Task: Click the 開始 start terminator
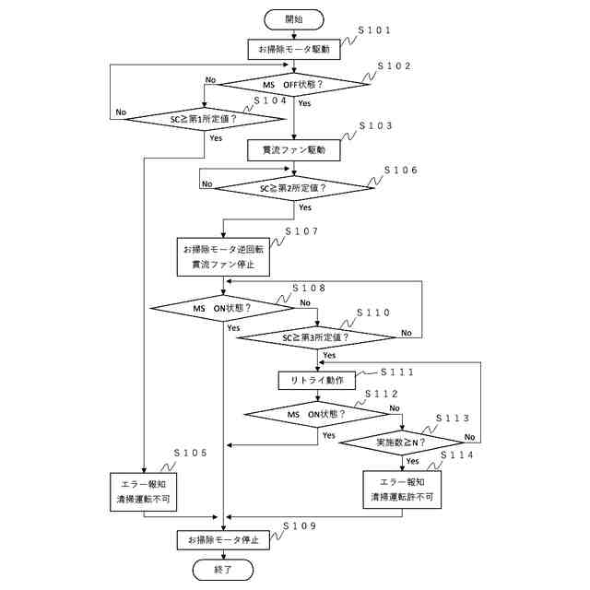[x=294, y=19]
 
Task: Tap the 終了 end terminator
[x=223, y=570]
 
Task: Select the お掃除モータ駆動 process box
[x=294, y=49]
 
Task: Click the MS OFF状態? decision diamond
[x=294, y=84]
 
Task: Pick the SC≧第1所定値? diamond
[x=205, y=119]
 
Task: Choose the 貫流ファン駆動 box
[x=294, y=150]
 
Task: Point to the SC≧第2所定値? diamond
[x=294, y=188]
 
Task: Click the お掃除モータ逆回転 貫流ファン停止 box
[x=223, y=257]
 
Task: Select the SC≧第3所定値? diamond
[x=317, y=337]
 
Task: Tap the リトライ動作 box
[x=317, y=381]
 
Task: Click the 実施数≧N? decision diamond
[x=402, y=442]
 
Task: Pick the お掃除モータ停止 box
[x=223, y=540]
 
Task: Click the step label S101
[x=374, y=30]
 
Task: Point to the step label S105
[x=191, y=453]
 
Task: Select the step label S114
[x=457, y=454]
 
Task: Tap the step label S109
[x=300, y=526]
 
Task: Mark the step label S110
[x=373, y=313]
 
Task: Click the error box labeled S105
[x=144, y=491]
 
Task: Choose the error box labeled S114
[x=402, y=490]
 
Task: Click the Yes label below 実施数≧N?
[x=412, y=461]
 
